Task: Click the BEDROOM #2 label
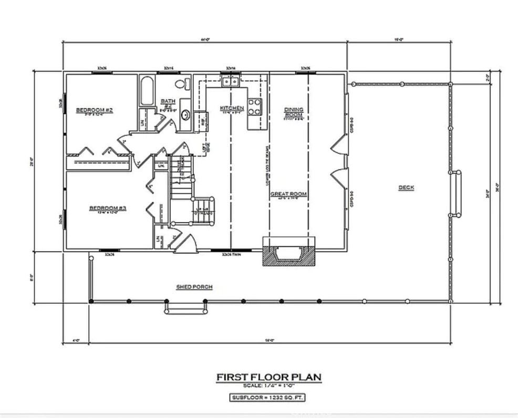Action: click(x=95, y=110)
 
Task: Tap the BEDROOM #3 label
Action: click(x=107, y=208)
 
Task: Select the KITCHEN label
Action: click(x=232, y=108)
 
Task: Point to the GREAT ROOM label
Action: click(x=288, y=194)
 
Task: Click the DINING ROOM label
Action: click(x=294, y=111)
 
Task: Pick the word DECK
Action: click(x=406, y=187)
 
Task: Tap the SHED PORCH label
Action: click(x=194, y=287)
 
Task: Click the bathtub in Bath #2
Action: click(x=147, y=91)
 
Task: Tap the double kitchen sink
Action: click(x=230, y=81)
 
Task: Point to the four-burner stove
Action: click(x=255, y=107)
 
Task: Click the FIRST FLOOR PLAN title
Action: click(x=268, y=377)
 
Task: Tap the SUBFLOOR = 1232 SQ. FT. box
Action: click(x=268, y=398)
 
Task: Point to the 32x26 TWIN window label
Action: click(x=231, y=255)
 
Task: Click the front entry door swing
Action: click(x=187, y=243)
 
